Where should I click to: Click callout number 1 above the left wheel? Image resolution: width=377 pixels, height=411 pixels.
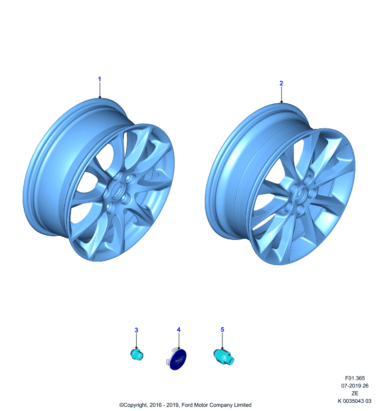(x=100, y=79)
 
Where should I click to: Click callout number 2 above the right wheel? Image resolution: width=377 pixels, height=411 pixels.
(x=281, y=83)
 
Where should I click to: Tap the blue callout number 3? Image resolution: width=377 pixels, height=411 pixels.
(x=136, y=330)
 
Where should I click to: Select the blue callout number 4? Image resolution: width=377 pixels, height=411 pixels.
(x=179, y=329)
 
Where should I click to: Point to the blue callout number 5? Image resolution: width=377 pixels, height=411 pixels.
(x=222, y=329)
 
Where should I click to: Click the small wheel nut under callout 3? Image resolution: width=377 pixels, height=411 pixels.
(x=137, y=354)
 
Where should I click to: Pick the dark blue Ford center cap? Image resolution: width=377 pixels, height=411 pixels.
(x=177, y=359)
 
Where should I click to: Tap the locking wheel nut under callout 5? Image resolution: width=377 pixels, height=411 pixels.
(x=223, y=357)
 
